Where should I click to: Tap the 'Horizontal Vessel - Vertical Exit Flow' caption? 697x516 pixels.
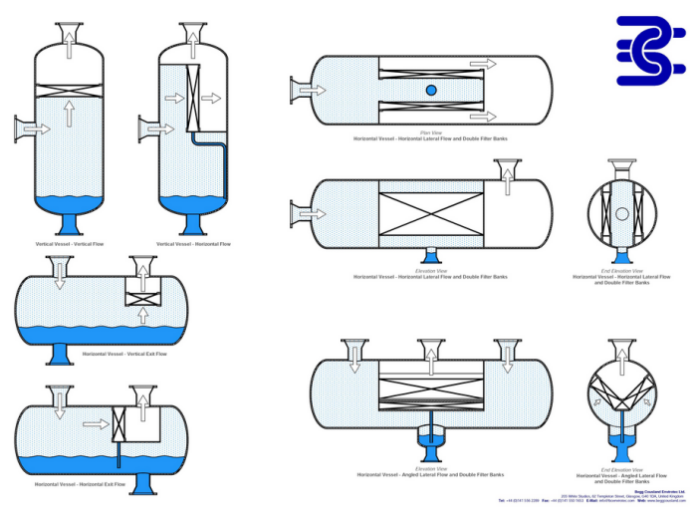pos(124,355)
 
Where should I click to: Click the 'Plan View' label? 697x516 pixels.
pos(430,131)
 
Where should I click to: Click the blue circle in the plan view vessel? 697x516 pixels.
pos(431,91)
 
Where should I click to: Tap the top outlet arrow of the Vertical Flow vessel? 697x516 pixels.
pos(69,37)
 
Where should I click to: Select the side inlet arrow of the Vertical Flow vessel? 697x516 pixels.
pos(34,128)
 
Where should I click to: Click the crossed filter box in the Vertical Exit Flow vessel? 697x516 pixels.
pos(143,297)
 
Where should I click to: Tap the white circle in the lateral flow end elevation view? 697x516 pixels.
pos(622,213)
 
